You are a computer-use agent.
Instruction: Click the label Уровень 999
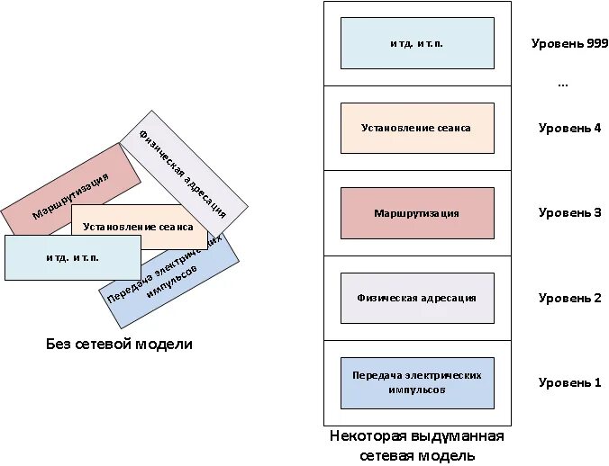coord(569,43)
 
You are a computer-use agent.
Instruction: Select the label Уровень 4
coord(569,128)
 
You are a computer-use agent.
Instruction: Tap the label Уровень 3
coord(569,212)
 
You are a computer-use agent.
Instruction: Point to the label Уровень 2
coord(569,298)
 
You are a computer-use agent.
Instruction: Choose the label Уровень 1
coord(569,382)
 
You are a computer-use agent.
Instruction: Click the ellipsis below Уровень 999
coord(563,83)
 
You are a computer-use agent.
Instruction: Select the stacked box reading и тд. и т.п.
coord(417,43)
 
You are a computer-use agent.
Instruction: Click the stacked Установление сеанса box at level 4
coord(417,128)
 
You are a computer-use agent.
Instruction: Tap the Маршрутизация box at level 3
coord(417,213)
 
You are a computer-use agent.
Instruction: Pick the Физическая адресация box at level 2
coord(417,298)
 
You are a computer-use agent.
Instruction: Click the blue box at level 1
coord(417,382)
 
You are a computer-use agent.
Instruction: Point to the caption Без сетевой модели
coord(119,345)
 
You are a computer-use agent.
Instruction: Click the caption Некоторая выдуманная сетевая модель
coord(416,445)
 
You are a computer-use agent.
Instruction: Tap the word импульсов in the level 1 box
coord(417,390)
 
